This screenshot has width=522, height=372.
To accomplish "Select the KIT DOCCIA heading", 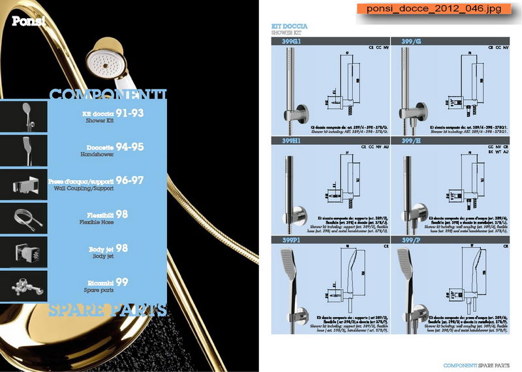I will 290,26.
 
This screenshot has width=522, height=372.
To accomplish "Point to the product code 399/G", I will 412,40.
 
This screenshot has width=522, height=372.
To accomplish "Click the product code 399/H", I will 412,140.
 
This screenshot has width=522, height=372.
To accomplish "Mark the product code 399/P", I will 412,240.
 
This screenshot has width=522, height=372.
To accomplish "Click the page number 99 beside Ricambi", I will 122,282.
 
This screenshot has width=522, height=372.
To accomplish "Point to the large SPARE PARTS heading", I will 108,309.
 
